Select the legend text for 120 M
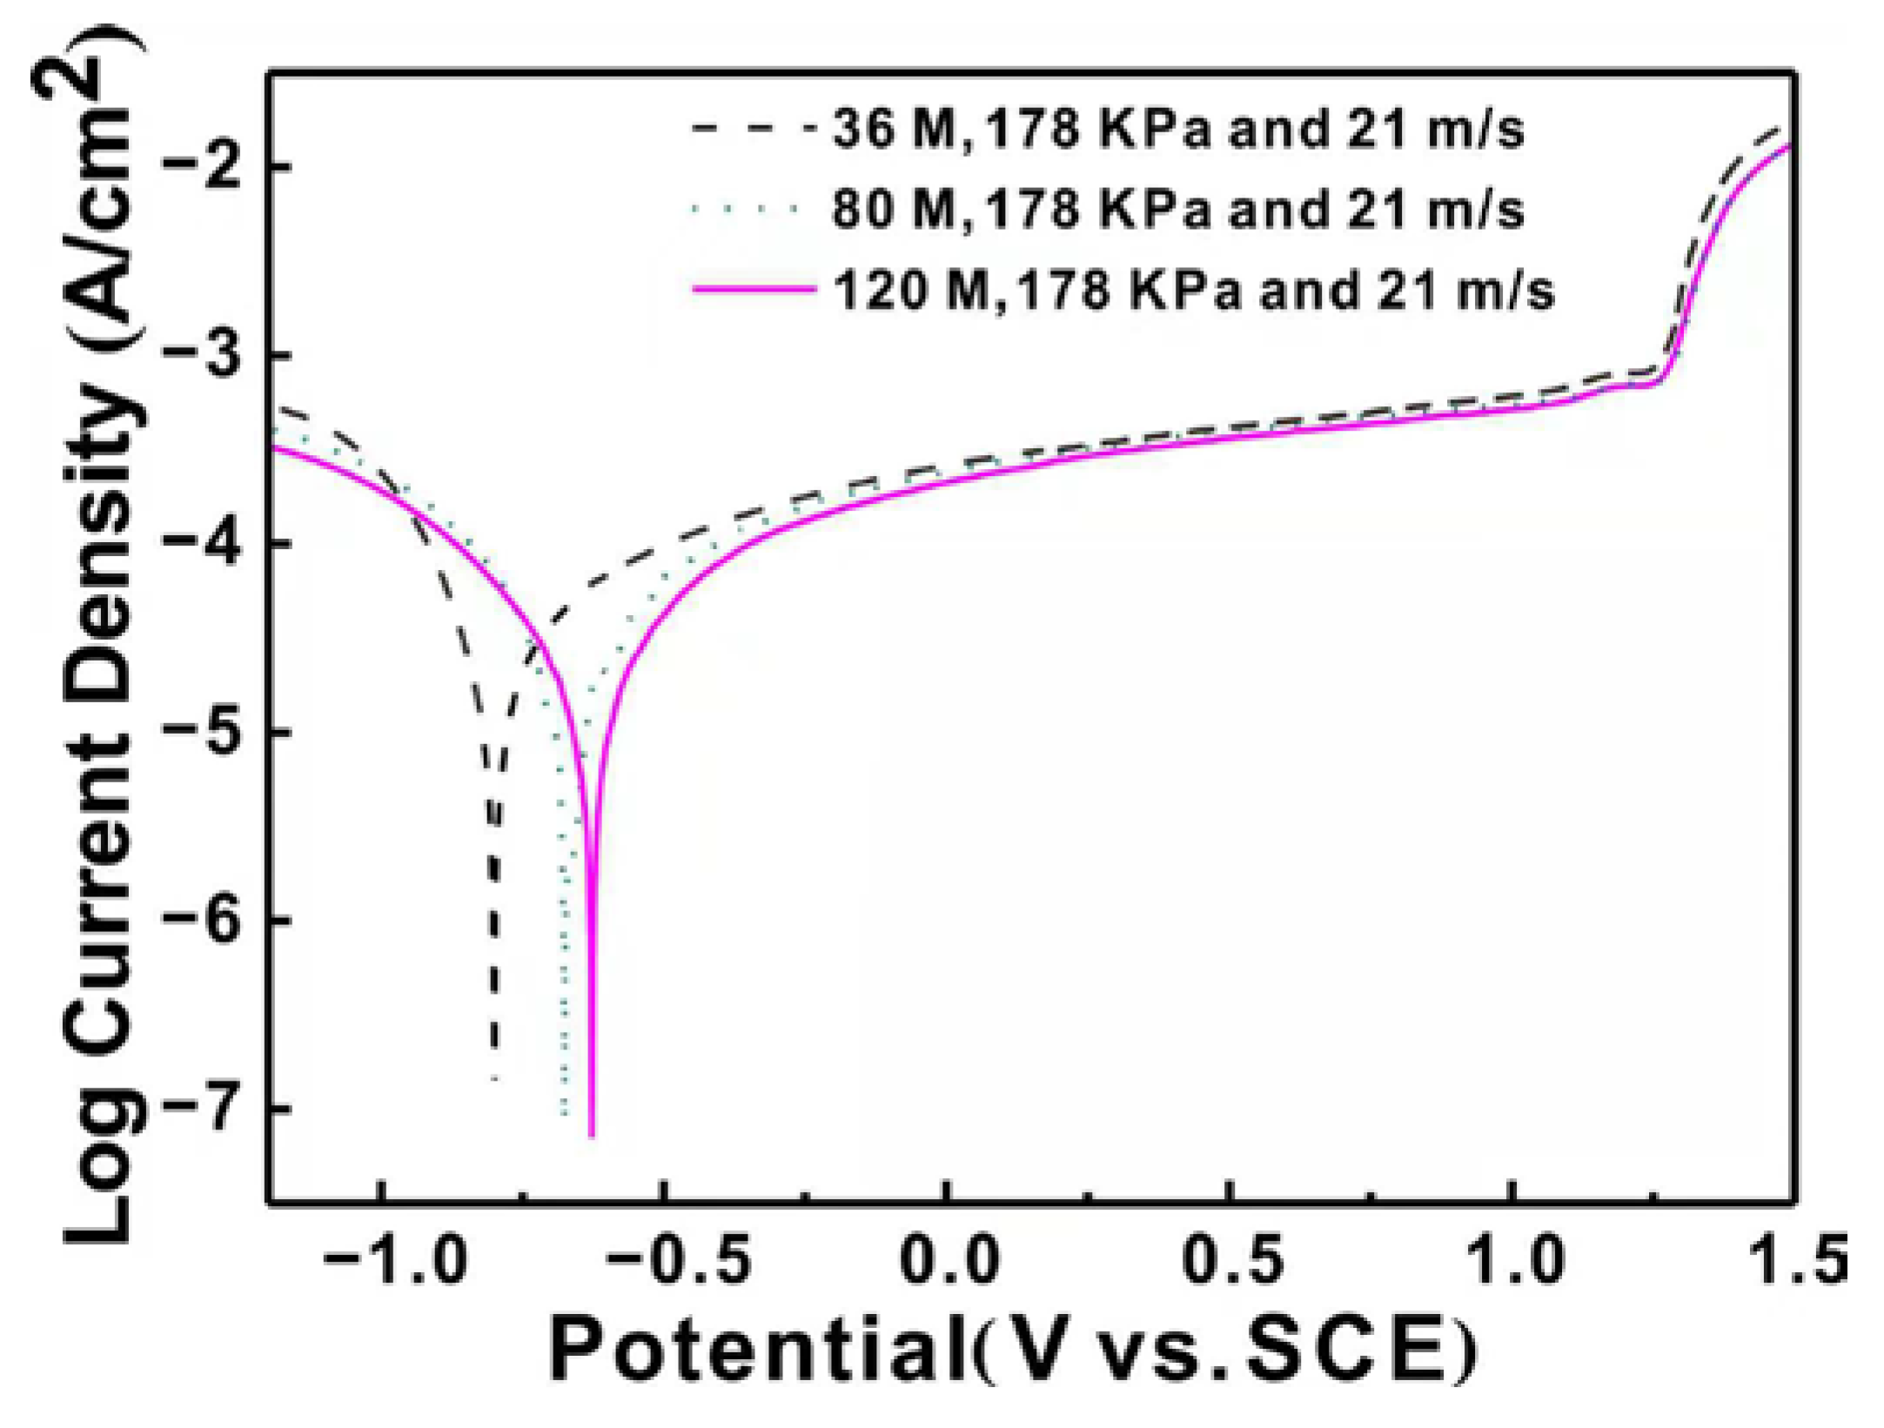pos(1193,290)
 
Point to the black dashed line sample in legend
pos(754,129)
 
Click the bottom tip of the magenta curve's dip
pos(592,1135)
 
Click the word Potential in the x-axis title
pos(756,1351)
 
